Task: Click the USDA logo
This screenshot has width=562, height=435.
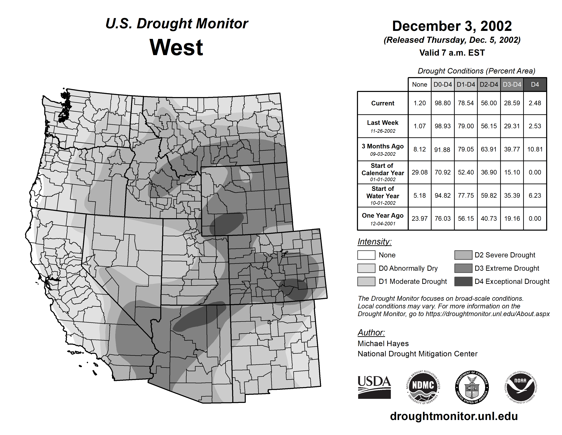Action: point(374,387)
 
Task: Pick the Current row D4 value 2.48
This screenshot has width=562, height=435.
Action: point(535,103)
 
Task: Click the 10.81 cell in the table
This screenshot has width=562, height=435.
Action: point(535,149)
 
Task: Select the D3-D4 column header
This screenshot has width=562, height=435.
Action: point(512,84)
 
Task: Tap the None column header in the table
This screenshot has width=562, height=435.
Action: point(419,84)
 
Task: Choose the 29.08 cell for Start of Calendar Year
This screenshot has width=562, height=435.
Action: point(419,172)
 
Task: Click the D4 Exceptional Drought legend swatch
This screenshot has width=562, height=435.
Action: point(463,281)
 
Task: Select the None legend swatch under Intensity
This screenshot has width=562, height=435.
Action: point(366,255)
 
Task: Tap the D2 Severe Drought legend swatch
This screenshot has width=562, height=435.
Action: point(463,255)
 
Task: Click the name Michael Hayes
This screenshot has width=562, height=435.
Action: point(383,344)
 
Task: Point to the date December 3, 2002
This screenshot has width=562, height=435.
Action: point(452,26)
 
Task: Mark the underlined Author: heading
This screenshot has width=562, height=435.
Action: point(371,332)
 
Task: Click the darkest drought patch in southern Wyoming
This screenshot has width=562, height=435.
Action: point(227,223)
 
